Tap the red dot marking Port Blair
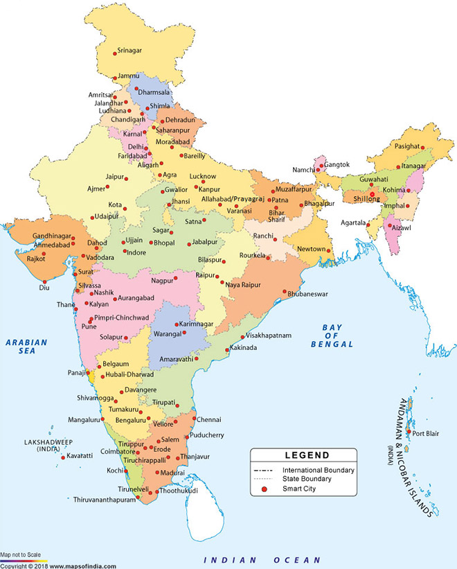pos(408,434)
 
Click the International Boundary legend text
pos(318,469)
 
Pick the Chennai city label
pos(208,420)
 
